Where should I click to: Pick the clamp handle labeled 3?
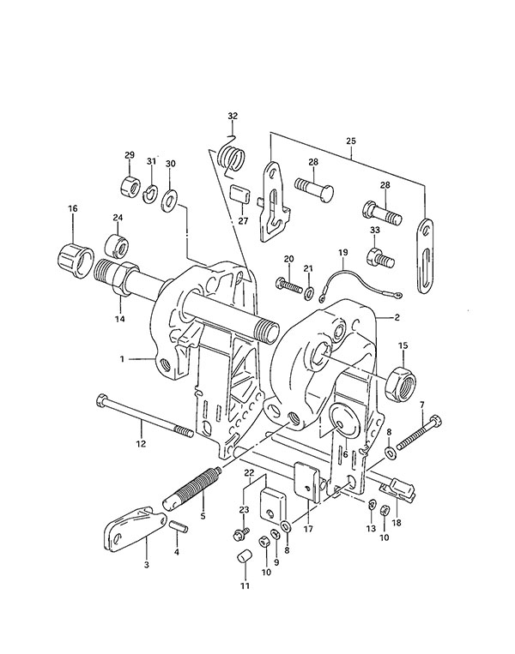pyautogui.click(x=133, y=529)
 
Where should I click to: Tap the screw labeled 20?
pyautogui.click(x=288, y=285)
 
